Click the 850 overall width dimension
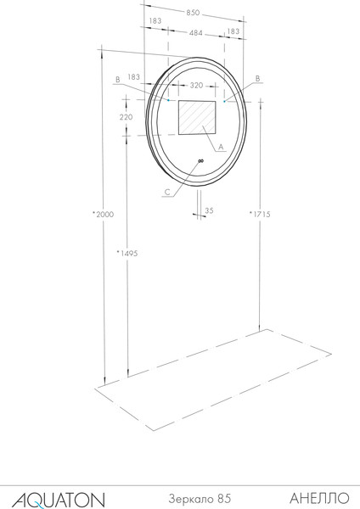(x=193, y=13)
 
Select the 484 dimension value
(x=196, y=33)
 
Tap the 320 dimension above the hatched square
(x=196, y=86)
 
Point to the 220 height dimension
(x=126, y=117)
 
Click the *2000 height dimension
(x=104, y=215)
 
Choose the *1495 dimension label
(x=127, y=253)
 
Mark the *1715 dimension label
(x=260, y=214)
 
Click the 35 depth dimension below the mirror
(x=209, y=210)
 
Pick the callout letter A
(x=221, y=147)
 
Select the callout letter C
(x=167, y=193)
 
